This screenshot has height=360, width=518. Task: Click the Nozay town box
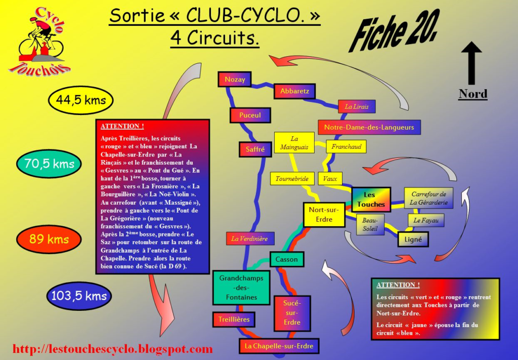(235, 79)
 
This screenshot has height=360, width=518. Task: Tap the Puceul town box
(250, 115)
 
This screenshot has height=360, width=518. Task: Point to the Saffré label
(255, 149)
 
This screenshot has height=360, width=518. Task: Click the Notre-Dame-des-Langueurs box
(369, 127)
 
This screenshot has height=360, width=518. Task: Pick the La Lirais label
(357, 107)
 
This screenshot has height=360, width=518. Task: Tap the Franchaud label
(346, 147)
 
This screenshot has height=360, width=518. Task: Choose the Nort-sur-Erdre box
(324, 215)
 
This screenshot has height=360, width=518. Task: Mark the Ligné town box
(413, 239)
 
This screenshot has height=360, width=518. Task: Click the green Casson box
(286, 260)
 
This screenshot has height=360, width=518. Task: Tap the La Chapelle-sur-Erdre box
(279, 346)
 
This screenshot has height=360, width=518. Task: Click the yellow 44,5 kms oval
(81, 100)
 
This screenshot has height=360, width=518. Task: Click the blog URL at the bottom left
(112, 349)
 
